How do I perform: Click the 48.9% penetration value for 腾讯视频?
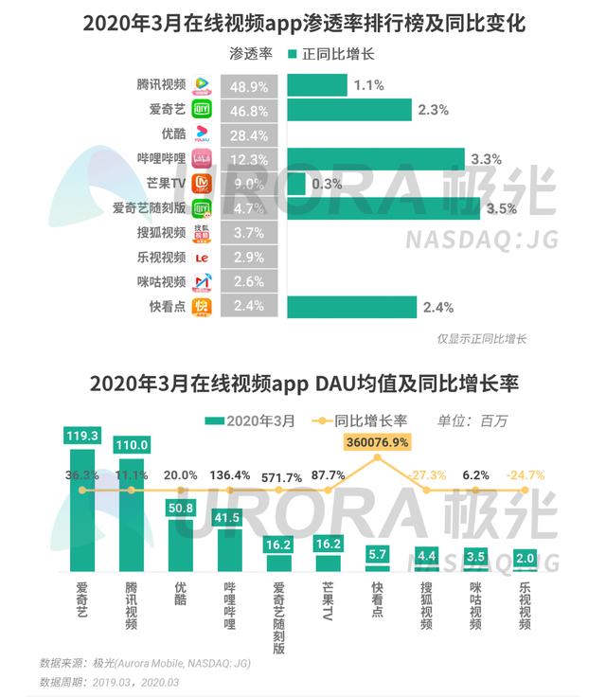point(250,85)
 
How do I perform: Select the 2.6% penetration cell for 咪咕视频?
point(250,282)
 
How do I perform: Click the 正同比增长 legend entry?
point(331,54)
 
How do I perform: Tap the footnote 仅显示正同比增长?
point(481,338)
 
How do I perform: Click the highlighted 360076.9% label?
point(378,441)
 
